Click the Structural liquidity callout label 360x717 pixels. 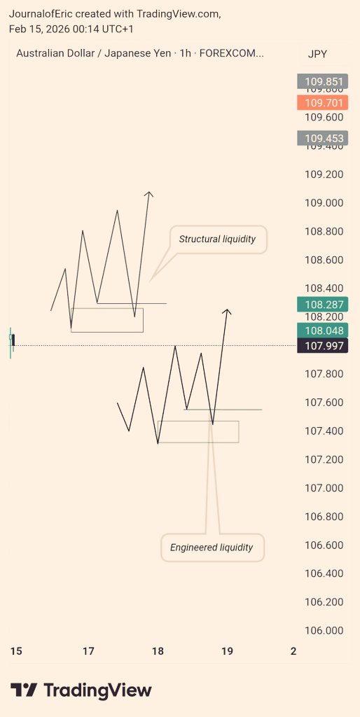tap(217, 239)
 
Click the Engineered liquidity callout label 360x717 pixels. tap(212, 548)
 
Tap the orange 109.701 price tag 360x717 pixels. tap(324, 103)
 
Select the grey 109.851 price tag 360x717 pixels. tap(324, 82)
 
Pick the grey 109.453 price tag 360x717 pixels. tap(324, 139)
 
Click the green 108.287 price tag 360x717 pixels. tap(324, 305)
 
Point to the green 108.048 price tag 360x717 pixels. tap(324, 330)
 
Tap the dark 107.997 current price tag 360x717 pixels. tap(324, 345)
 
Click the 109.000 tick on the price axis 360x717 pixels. tap(324, 203)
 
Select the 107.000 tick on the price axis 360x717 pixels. tap(324, 488)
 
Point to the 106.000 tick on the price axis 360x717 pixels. tap(324, 630)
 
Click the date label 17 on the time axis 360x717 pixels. tap(88, 651)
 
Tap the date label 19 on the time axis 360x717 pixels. tap(227, 651)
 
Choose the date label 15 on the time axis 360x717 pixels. tap(16, 651)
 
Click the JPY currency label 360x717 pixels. tap(317, 54)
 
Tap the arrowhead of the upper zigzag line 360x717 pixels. tap(148, 193)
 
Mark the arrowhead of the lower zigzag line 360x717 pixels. tap(226, 310)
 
